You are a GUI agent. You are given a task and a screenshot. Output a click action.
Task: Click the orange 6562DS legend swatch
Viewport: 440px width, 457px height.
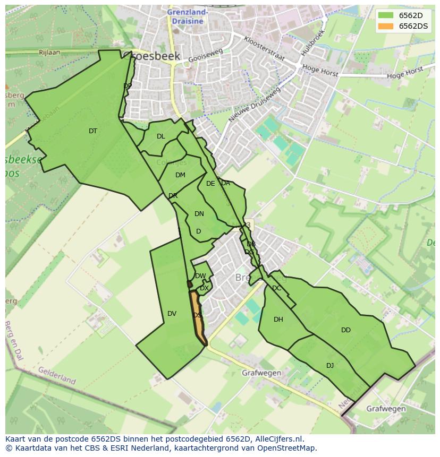(386, 27)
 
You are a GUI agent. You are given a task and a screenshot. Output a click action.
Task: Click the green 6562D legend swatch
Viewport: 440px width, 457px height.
(386, 15)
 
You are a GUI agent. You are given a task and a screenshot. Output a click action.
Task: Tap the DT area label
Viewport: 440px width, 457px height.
(93, 131)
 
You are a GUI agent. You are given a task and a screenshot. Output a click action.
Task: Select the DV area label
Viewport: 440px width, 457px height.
(172, 314)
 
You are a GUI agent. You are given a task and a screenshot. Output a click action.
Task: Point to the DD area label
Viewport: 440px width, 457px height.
(346, 330)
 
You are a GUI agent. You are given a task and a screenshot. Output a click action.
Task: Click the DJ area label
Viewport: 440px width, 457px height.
(330, 365)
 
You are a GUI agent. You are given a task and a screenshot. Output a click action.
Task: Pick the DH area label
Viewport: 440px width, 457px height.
(278, 320)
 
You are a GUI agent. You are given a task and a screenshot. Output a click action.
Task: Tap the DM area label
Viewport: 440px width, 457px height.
(180, 175)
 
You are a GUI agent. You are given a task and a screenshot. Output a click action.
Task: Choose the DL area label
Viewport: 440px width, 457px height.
(161, 136)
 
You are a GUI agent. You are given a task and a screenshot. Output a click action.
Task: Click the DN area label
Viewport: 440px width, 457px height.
(199, 214)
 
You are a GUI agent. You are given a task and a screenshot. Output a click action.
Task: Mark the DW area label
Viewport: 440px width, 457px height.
(200, 276)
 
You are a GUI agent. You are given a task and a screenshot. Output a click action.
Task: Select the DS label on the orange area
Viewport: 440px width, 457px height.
(197, 315)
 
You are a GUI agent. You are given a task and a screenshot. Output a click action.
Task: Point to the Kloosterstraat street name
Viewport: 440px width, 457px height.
(264, 49)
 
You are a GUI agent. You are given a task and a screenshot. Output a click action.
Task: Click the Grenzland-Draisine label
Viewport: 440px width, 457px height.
(188, 16)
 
